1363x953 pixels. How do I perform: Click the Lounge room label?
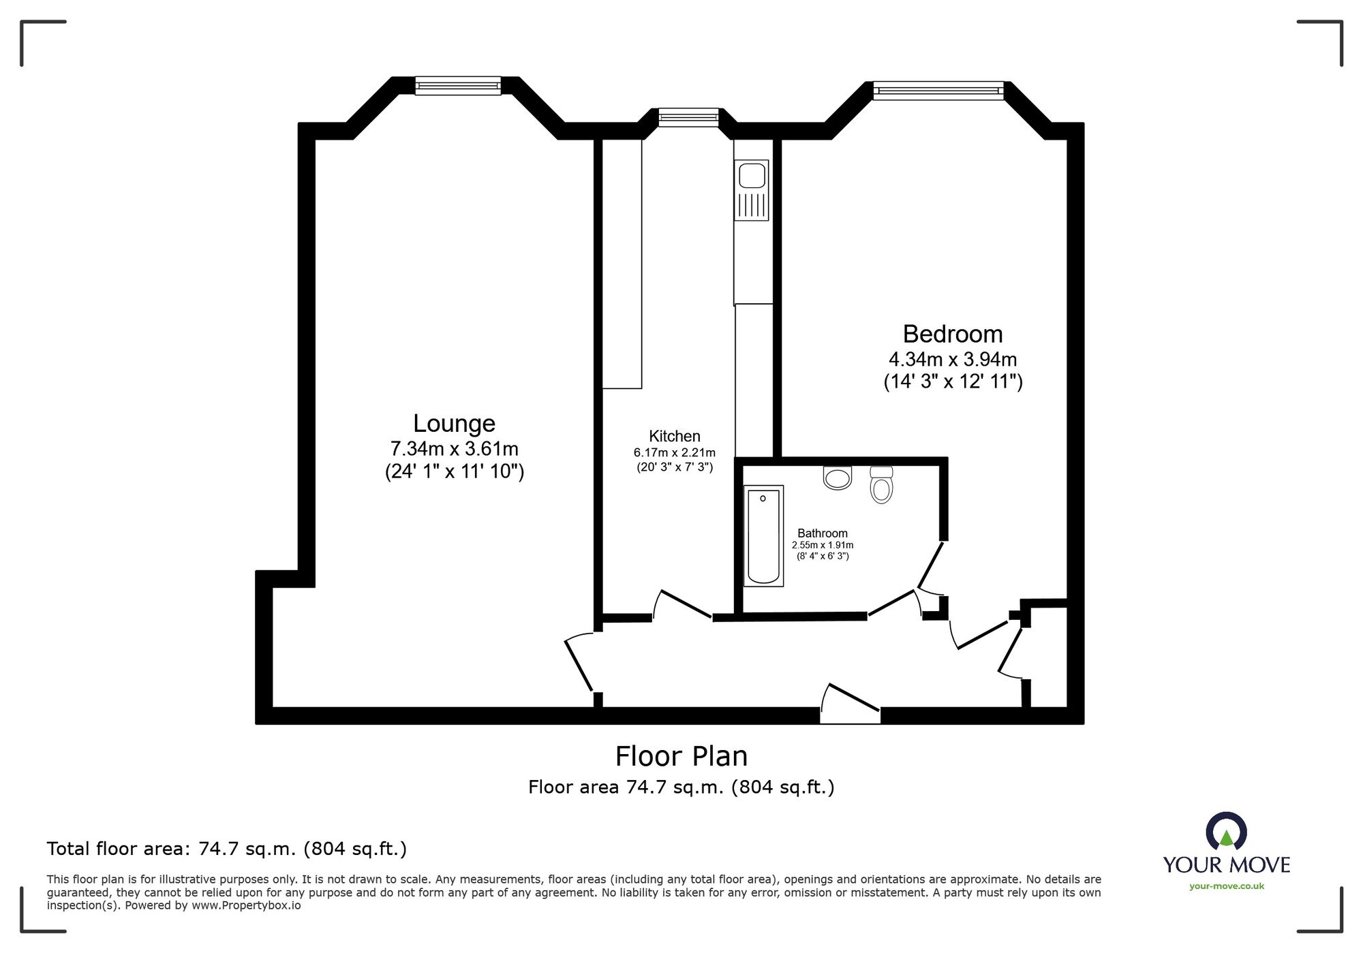click(x=454, y=423)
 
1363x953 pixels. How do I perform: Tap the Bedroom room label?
click(x=952, y=334)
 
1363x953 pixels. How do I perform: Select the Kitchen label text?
click(x=674, y=436)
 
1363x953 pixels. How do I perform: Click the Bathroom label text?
click(x=822, y=533)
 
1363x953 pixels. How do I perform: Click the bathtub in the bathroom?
click(x=763, y=535)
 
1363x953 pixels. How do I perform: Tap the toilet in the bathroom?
click(x=881, y=484)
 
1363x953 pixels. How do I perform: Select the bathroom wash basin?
click(x=838, y=478)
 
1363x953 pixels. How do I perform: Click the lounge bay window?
click(x=458, y=85)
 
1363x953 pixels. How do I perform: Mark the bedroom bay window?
click(x=938, y=90)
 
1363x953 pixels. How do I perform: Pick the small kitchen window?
click(x=688, y=117)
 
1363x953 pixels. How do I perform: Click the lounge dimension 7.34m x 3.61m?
click(x=454, y=449)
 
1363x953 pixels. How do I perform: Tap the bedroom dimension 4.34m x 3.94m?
click(x=952, y=359)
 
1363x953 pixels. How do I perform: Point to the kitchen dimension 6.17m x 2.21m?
click(x=674, y=452)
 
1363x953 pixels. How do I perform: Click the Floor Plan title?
click(x=681, y=756)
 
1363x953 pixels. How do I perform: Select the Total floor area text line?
click(x=226, y=849)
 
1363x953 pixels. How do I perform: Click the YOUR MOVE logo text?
click(x=1226, y=865)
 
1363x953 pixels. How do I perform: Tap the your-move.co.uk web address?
click(x=1226, y=886)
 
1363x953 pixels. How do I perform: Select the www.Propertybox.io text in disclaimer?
click(x=245, y=906)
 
